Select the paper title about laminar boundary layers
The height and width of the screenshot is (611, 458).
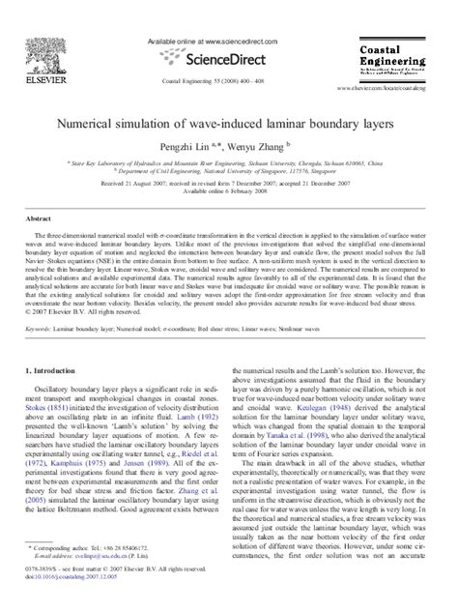(x=229, y=125)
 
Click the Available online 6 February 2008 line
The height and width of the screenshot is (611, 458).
(x=228, y=191)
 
